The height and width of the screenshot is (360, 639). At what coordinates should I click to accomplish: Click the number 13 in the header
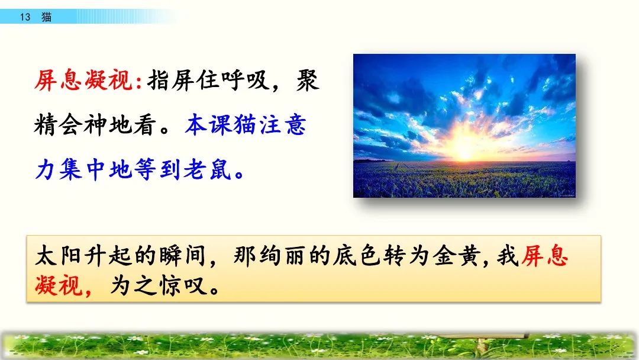25,17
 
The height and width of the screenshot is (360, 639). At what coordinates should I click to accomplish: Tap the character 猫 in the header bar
47,17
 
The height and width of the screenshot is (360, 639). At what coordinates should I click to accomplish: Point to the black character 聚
307,80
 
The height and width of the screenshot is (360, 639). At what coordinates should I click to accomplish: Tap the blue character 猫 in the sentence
245,125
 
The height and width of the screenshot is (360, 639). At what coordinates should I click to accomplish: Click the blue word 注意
283,125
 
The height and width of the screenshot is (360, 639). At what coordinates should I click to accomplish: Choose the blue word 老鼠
208,169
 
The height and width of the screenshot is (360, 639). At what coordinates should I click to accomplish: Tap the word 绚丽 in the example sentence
282,256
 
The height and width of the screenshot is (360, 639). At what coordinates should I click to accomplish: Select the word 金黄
456,256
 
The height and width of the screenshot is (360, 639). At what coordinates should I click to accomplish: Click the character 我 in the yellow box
508,256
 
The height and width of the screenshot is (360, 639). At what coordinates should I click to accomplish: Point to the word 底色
357,256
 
